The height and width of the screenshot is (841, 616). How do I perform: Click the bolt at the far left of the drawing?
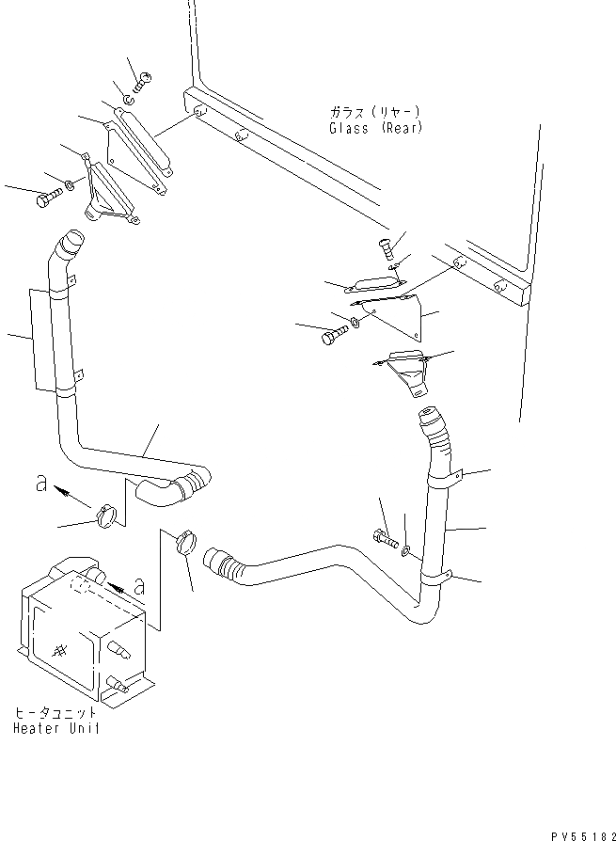pyautogui.click(x=46, y=198)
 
